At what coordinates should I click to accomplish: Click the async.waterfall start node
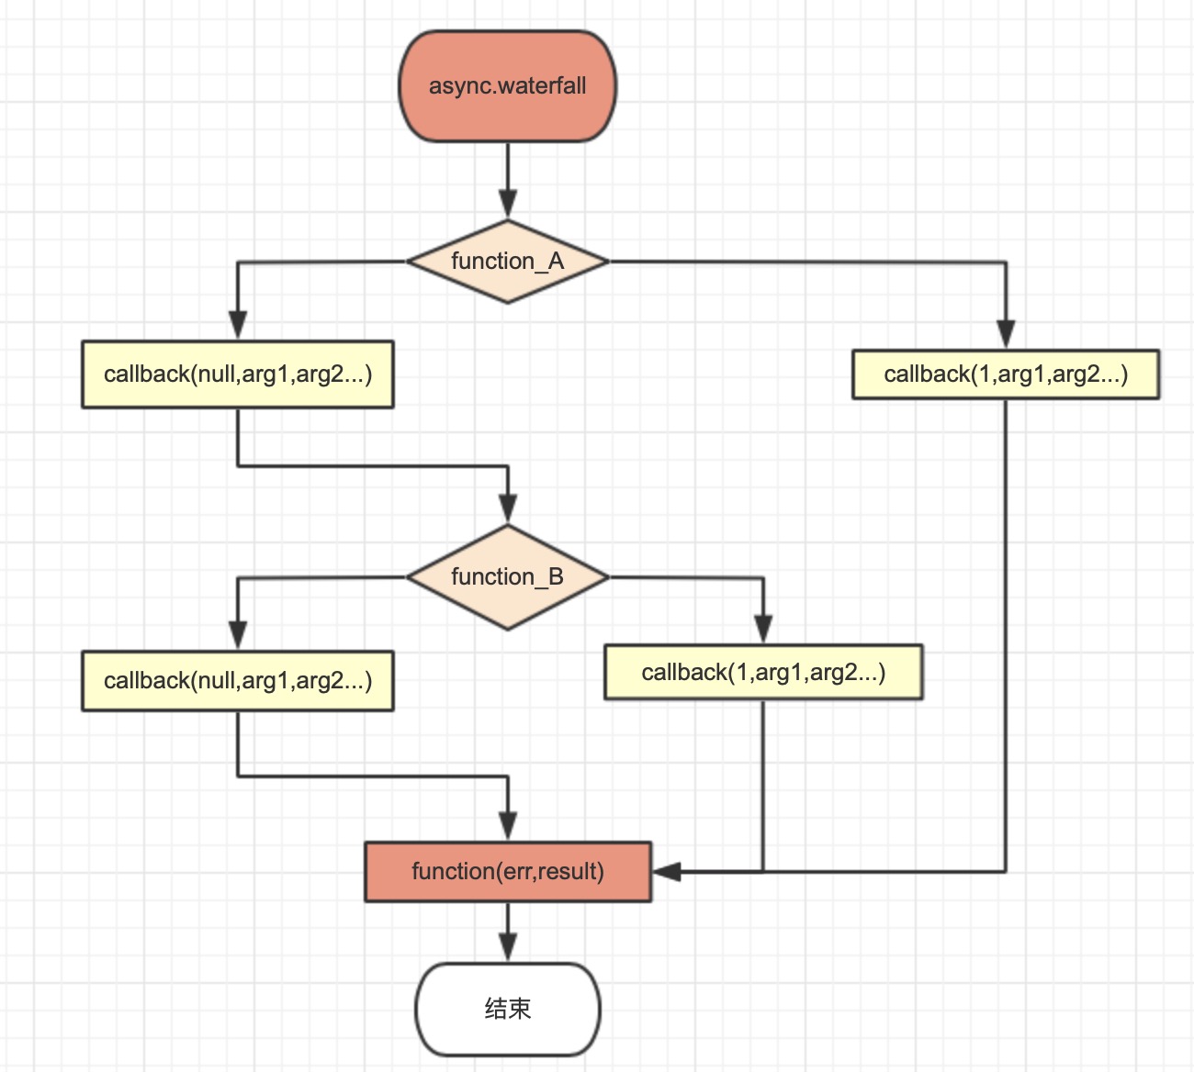[507, 86]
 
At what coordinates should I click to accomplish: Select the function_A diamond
[507, 262]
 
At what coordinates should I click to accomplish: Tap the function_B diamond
[507, 577]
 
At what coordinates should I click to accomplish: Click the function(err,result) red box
[508, 871]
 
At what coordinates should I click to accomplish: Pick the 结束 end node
[508, 1009]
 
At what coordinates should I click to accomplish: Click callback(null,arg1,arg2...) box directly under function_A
[238, 374]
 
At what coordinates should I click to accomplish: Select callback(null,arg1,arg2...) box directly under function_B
[238, 681]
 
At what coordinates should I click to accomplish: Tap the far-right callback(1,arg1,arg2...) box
[1006, 374]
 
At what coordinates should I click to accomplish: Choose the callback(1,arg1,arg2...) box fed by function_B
[763, 673]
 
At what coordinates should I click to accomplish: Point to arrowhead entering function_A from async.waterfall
[508, 205]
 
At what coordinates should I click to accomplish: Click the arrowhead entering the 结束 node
[508, 947]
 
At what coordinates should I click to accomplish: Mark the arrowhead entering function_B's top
[508, 508]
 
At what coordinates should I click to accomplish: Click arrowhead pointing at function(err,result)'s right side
[666, 871]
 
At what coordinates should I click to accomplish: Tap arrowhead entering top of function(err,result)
[508, 825]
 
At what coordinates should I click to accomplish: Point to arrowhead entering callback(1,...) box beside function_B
[763, 629]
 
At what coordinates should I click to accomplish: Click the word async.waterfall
[507, 86]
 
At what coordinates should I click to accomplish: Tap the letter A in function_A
[556, 262]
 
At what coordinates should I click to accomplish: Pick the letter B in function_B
[556, 577]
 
